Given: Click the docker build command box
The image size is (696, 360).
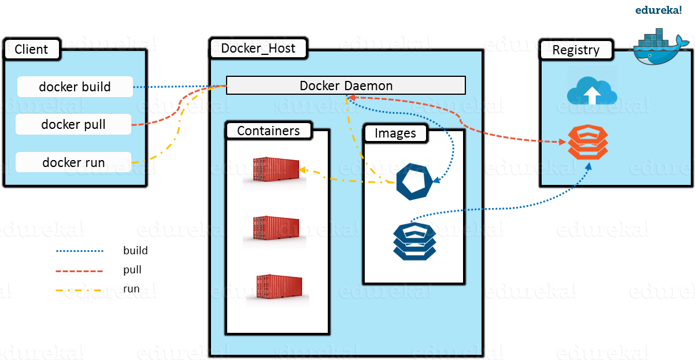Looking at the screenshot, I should (x=75, y=87).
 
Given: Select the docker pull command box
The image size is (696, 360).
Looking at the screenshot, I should (x=73, y=124).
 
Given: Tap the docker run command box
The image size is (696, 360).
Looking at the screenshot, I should (x=73, y=162).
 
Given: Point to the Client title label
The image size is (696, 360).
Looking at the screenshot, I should (x=31, y=50).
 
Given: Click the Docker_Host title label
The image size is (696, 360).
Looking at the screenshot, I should (x=258, y=49).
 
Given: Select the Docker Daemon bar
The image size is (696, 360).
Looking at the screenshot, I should (x=346, y=86).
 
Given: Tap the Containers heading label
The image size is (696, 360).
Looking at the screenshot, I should (x=268, y=131).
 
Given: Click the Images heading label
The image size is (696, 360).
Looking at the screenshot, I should (x=395, y=133).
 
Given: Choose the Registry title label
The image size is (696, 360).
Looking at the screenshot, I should (x=576, y=50).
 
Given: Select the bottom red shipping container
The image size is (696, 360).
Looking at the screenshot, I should (x=279, y=289).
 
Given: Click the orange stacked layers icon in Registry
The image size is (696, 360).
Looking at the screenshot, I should (x=587, y=142).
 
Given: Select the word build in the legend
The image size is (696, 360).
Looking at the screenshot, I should (x=135, y=251).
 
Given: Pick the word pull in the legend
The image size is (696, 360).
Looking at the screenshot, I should (x=132, y=270).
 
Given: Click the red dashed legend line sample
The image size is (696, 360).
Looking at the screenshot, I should (x=79, y=270).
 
